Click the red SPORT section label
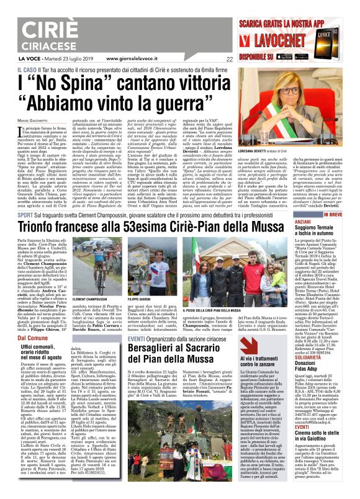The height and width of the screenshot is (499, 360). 25,214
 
